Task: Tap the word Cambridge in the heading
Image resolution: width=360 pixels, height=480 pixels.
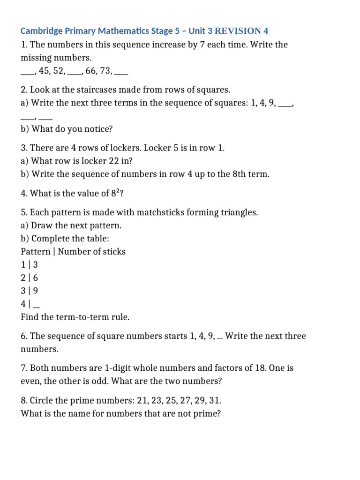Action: [41, 31]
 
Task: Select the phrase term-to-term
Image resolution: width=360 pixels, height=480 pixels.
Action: [80, 317]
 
